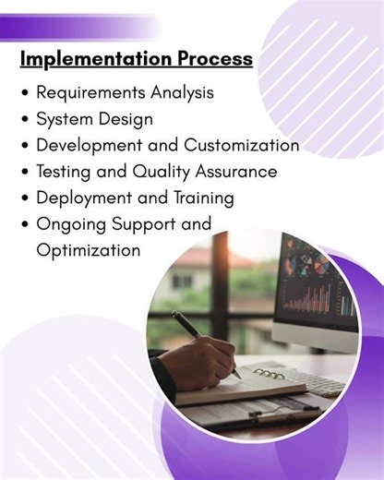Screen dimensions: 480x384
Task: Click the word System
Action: tap(63, 119)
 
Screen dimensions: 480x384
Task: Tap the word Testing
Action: tap(65, 172)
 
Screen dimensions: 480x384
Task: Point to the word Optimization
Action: tap(88, 250)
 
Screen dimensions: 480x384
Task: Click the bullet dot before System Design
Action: tap(25, 120)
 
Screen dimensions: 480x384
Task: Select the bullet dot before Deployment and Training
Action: tap(25, 198)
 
